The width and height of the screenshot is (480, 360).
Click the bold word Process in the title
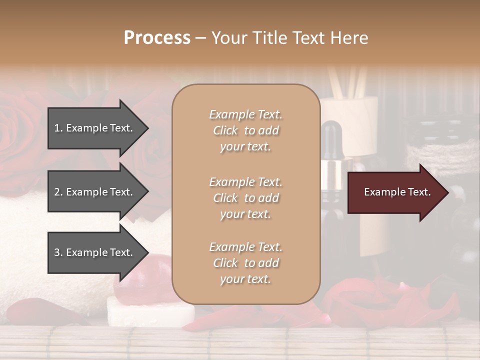(157, 38)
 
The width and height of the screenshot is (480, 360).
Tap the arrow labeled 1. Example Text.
(95, 128)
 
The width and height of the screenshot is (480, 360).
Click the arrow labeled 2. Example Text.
(95, 192)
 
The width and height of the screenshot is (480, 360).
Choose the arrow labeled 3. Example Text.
(95, 252)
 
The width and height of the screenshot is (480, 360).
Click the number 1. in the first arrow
(58, 128)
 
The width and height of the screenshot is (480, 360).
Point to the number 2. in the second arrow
(58, 192)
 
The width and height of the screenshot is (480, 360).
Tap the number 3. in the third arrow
(58, 252)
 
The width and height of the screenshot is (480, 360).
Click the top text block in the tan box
(245, 130)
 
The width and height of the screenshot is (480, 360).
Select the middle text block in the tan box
(245, 198)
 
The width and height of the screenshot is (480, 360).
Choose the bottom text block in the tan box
(245, 263)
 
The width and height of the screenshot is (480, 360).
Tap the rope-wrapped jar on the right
(440, 150)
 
